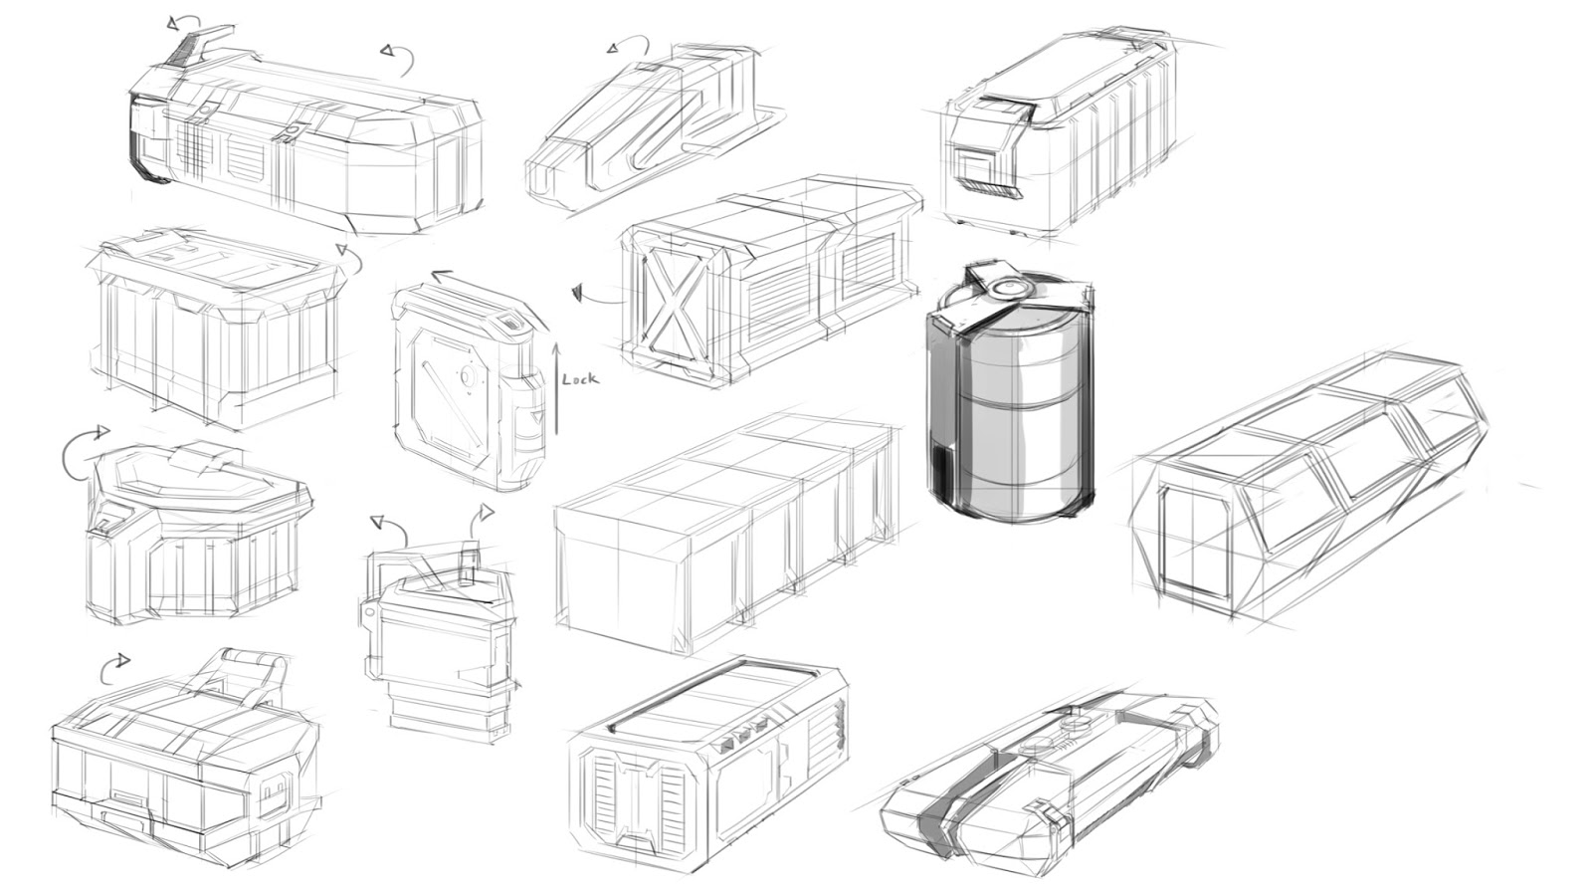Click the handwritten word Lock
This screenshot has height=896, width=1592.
click(x=580, y=379)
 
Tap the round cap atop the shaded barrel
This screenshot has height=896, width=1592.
click(x=1008, y=287)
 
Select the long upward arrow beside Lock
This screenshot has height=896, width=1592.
click(x=557, y=388)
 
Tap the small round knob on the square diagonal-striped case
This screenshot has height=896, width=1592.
click(x=464, y=377)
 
